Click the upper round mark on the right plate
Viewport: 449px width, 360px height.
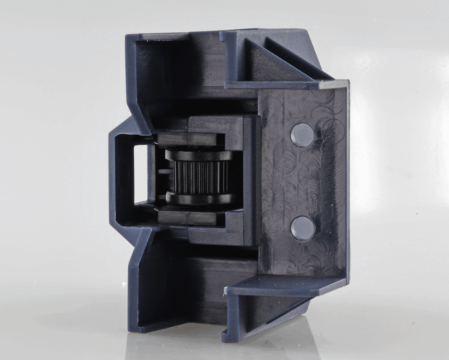(302, 134)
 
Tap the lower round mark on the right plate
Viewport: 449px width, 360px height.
(302, 228)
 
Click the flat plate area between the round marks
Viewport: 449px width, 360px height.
(303, 181)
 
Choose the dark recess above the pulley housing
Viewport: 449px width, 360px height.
(195, 82)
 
